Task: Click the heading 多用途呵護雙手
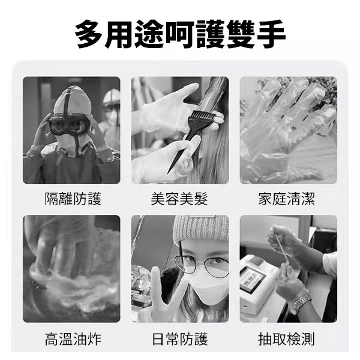point(180,34)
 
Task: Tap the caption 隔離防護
point(73,199)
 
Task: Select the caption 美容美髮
point(179,199)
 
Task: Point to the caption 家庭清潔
point(286,199)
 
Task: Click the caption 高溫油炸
point(73,339)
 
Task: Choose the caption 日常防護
point(180,339)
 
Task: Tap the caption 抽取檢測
point(286,339)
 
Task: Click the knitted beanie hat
point(201,230)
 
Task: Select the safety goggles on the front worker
point(70,125)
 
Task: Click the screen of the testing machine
point(252,279)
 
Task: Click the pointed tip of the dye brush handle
point(168,172)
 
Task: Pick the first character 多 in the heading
point(89,34)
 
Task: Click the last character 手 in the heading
point(271,34)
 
